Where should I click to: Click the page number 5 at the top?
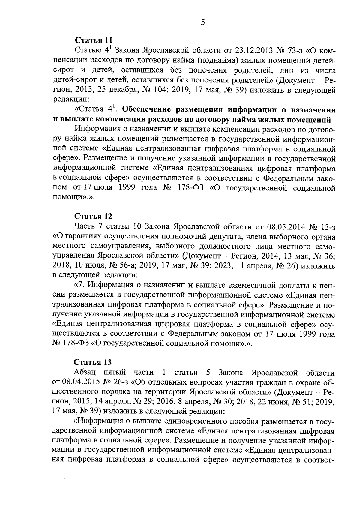click(203, 22)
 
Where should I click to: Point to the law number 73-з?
click(296, 50)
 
